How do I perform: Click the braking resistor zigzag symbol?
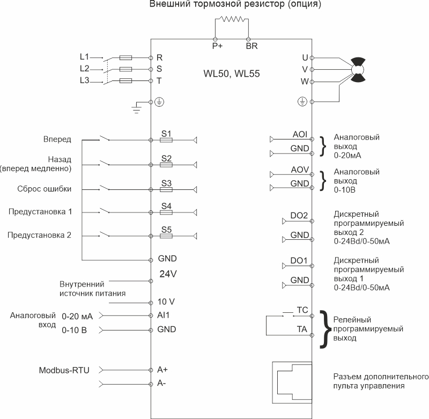coord(232,19)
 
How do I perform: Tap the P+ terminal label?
coord(217,46)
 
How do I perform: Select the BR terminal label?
coord(252,46)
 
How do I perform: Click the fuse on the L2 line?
coord(126,69)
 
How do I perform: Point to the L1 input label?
coord(85,57)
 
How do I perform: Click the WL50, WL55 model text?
coord(232,73)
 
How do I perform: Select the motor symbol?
coord(358,70)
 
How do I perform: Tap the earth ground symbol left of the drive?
coord(137,108)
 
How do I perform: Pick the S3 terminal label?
coord(166,183)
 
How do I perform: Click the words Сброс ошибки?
coord(45,189)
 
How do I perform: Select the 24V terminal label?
coord(168,274)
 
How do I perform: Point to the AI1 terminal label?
coord(164,315)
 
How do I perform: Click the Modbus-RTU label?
coord(64,370)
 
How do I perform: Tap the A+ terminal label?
coord(162,370)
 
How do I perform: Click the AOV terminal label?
coord(300,170)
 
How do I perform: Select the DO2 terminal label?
coord(299,215)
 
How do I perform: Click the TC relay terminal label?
coord(302,310)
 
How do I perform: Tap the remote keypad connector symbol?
coord(292,383)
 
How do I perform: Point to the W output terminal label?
coord(305,82)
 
